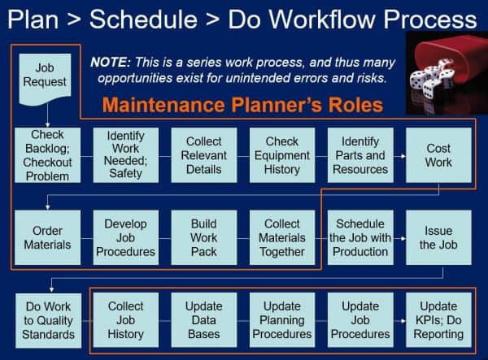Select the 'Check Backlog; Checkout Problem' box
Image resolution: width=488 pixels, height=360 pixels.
(x=48, y=154)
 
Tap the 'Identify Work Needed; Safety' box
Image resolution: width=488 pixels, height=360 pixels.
(x=125, y=154)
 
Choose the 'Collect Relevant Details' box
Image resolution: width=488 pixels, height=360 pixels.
(x=204, y=154)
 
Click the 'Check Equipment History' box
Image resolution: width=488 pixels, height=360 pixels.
(x=282, y=154)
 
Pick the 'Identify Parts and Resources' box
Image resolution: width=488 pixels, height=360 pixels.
(x=360, y=154)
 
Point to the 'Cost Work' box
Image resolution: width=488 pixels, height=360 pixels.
(x=438, y=154)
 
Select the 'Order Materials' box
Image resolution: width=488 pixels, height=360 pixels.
(x=48, y=237)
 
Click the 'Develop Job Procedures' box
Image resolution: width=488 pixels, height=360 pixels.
(x=125, y=237)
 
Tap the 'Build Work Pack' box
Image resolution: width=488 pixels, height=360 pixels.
(x=204, y=237)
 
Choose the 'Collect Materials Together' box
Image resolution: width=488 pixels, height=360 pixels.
(x=282, y=237)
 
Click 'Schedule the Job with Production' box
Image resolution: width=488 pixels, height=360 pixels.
(x=359, y=237)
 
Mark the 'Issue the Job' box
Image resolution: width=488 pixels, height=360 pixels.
(x=438, y=237)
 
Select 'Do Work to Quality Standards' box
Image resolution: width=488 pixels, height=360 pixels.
(x=48, y=320)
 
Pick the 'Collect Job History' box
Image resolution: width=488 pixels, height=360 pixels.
(x=125, y=320)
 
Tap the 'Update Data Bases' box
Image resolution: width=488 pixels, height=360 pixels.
(x=204, y=320)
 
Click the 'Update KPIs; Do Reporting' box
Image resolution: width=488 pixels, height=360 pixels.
(x=438, y=320)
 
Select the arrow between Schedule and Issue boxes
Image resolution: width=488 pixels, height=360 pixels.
(x=399, y=238)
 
